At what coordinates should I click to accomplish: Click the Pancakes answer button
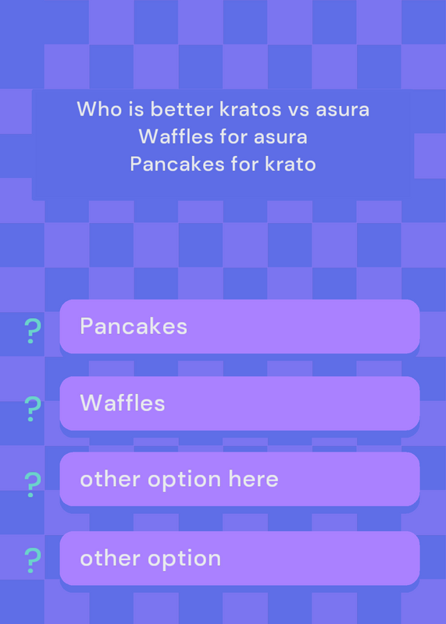tap(240, 326)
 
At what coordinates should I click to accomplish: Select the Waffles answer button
tap(240, 403)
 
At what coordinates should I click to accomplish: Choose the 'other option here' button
tap(240, 479)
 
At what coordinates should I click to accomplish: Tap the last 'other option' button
tap(240, 558)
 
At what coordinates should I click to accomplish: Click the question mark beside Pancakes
tap(32, 331)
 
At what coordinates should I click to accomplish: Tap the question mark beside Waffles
tap(32, 409)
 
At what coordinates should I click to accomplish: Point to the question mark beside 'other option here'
tap(32, 484)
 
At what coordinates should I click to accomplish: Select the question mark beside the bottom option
tap(32, 560)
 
